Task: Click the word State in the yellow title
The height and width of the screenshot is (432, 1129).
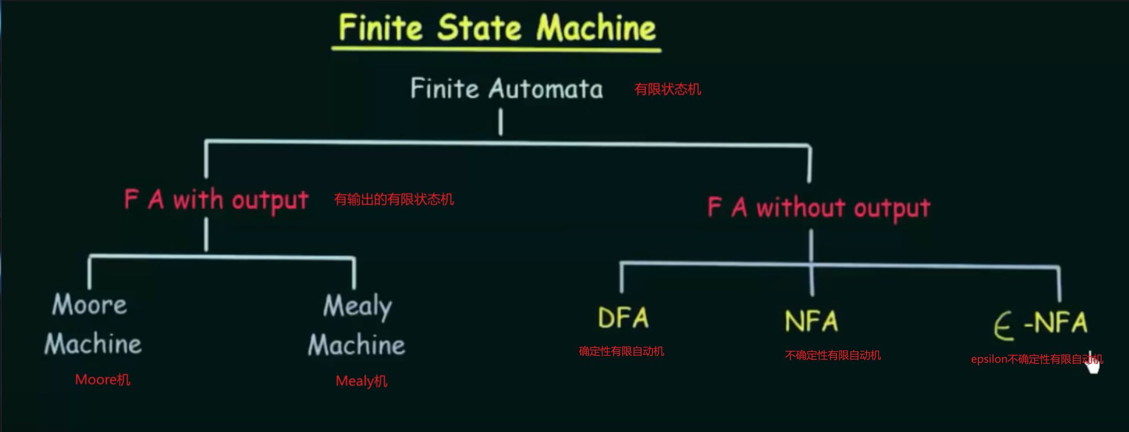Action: click(478, 28)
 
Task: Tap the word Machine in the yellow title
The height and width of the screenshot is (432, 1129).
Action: click(596, 28)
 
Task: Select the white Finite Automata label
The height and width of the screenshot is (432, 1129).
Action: click(506, 89)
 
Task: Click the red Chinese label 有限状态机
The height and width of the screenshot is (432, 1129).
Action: click(668, 89)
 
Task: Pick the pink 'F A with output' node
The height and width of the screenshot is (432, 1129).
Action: click(216, 200)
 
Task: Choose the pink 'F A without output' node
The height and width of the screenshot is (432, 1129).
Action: click(819, 208)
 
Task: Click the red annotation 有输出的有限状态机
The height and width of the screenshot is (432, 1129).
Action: click(394, 200)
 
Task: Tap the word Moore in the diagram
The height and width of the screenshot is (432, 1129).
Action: click(90, 305)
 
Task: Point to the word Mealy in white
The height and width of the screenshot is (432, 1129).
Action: click(357, 306)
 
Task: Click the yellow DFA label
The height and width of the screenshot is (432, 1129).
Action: click(623, 318)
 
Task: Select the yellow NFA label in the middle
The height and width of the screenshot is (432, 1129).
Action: click(811, 322)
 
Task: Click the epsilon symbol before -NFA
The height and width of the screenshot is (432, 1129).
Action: click(1004, 327)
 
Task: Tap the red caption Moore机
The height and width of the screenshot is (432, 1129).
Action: click(103, 380)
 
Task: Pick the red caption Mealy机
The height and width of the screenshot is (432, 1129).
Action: click(361, 381)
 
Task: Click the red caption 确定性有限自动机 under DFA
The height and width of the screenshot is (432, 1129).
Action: click(621, 351)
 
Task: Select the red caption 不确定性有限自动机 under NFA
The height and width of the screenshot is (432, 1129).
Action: click(833, 355)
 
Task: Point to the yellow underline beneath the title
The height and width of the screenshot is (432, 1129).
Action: click(496, 49)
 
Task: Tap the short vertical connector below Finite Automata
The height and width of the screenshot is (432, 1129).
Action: click(501, 122)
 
